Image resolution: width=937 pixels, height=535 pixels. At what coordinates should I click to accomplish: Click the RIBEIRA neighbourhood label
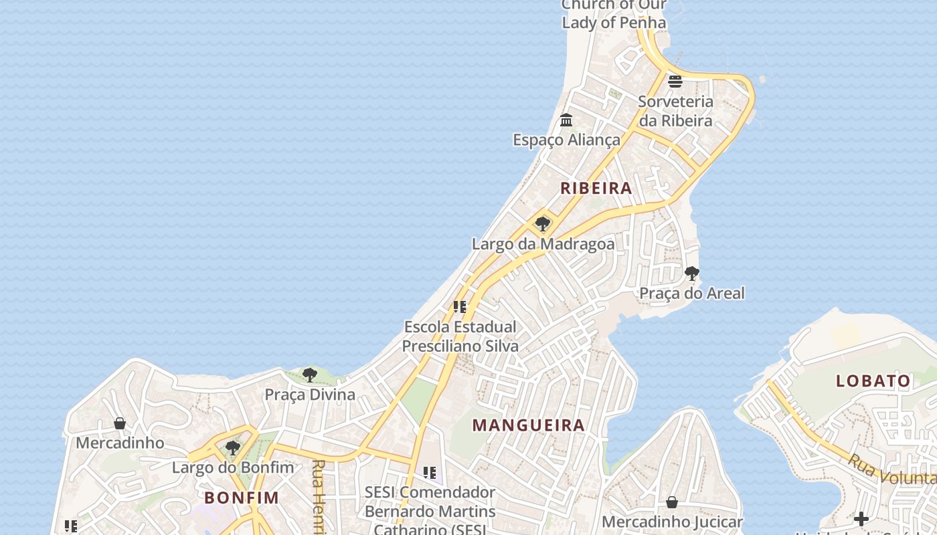596,188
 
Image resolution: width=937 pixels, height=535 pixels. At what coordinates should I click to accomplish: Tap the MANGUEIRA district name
529,425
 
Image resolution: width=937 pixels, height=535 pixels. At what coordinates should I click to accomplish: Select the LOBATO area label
873,381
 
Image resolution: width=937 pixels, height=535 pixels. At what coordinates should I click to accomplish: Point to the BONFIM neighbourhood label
242,498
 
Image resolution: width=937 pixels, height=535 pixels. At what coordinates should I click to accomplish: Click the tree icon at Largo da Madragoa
543,224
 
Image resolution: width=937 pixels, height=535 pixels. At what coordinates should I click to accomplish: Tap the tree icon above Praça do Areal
692,274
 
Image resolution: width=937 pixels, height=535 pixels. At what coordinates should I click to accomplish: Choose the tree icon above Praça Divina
309,375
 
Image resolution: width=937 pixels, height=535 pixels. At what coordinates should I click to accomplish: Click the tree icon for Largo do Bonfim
233,447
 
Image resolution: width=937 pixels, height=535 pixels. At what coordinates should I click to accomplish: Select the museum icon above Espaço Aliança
566,120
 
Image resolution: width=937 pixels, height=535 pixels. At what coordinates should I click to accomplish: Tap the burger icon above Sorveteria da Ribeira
675,82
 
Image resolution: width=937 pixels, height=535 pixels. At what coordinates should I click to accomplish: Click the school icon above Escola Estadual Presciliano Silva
460,307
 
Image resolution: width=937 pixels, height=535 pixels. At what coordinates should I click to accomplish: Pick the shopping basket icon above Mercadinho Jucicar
672,502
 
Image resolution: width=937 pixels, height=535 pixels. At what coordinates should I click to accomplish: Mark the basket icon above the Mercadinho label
120,423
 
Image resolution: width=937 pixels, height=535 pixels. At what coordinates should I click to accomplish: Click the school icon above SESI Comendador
430,473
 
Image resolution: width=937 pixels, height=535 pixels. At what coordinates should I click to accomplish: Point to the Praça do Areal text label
692,293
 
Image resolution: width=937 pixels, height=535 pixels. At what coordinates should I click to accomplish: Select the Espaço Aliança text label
567,140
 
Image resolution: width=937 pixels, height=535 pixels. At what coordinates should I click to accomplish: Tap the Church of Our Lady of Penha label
614,14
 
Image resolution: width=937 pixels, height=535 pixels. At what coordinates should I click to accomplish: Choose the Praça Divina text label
310,395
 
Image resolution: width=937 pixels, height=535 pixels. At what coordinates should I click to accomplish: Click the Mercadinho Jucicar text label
672,522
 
